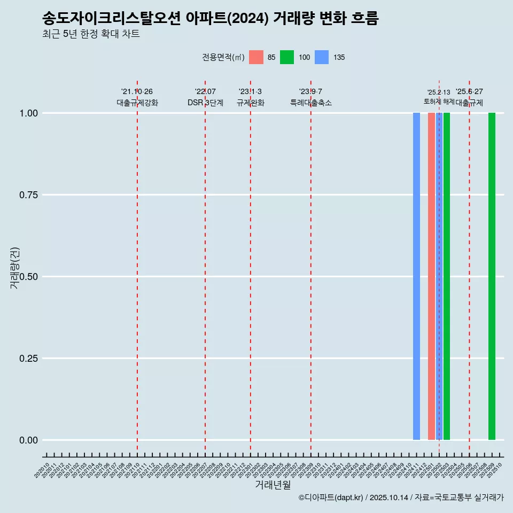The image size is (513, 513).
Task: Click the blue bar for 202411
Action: click(x=416, y=276)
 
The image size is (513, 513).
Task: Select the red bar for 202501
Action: click(x=431, y=276)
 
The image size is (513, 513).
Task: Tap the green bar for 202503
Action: click(x=447, y=276)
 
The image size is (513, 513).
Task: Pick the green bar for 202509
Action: click(x=492, y=276)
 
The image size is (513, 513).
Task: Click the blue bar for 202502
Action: click(x=439, y=276)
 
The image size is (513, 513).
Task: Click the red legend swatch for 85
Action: click(x=256, y=57)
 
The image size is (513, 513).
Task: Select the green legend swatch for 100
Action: click(x=287, y=57)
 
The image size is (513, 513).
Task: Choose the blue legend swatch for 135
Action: click(x=322, y=57)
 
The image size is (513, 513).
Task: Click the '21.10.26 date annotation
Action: click(x=137, y=91)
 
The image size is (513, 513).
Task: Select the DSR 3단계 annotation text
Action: click(x=205, y=103)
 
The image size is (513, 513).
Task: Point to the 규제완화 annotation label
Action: click(x=251, y=103)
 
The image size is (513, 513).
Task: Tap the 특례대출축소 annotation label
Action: click(x=311, y=103)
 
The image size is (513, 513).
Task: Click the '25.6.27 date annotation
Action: click(x=469, y=91)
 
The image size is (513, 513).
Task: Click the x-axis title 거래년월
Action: click(x=273, y=485)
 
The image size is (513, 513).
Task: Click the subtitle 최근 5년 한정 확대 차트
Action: click(x=91, y=34)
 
